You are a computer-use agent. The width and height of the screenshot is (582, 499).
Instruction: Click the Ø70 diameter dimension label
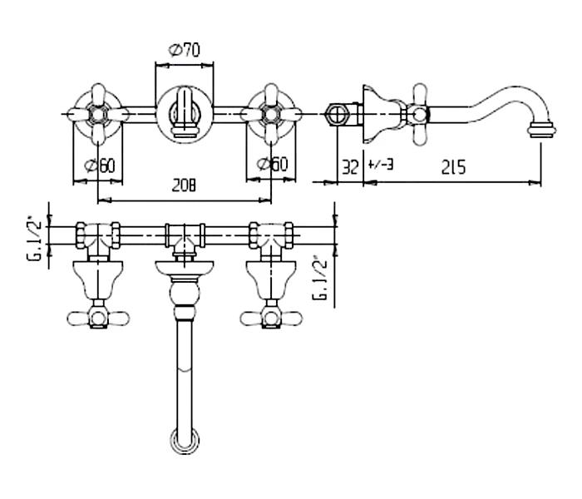coord(184,50)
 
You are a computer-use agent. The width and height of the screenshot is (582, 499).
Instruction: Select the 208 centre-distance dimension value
coord(184,185)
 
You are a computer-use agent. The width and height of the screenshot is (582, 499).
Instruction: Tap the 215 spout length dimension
coord(453,167)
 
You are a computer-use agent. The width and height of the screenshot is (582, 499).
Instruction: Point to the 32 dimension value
coord(350,167)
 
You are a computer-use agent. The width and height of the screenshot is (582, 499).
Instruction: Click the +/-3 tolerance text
coord(381,164)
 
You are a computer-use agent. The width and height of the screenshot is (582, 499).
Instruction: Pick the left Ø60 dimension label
coord(100,166)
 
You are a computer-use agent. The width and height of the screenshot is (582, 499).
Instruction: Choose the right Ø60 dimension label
coord(272,164)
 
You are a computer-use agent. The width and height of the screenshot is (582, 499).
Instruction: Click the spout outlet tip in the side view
coord(542,130)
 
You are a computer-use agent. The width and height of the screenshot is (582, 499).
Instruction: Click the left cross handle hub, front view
coord(98,114)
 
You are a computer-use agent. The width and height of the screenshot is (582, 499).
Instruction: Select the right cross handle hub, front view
coord(271,114)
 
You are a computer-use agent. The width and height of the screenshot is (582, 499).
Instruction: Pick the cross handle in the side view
coord(419,115)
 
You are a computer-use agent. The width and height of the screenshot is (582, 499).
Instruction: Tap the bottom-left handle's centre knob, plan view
coord(98,319)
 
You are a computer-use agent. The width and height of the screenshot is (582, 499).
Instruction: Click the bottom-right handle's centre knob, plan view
coord(271,319)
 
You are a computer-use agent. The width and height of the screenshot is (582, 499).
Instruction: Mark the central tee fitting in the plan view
coord(185,238)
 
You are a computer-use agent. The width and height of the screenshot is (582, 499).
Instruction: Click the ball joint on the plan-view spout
coord(185,294)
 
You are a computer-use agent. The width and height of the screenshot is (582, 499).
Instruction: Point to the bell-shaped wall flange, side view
coord(378,114)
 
